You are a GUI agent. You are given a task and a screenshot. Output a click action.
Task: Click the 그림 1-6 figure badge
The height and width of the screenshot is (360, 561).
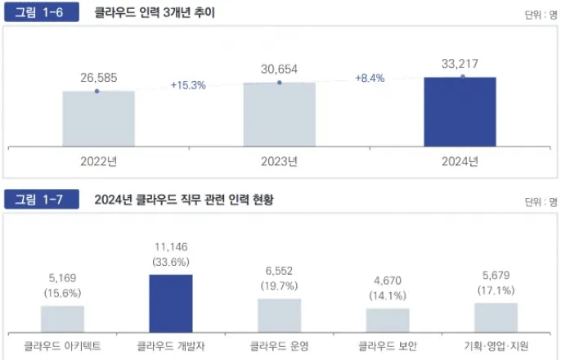[41, 13]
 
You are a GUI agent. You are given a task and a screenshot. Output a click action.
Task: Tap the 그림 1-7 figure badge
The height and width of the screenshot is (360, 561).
[41, 200]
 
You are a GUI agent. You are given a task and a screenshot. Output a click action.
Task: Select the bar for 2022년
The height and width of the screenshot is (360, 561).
[98, 119]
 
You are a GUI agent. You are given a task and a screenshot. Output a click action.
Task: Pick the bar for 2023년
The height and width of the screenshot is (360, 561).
[279, 115]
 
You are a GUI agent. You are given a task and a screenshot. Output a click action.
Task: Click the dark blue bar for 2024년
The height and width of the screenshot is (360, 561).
[460, 112]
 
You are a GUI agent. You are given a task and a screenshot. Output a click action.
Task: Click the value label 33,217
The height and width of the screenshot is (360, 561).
[460, 61]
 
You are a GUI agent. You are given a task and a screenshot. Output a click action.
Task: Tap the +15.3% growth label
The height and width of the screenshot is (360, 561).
[187, 84]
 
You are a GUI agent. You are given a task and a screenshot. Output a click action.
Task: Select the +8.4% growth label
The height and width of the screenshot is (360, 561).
[370, 78]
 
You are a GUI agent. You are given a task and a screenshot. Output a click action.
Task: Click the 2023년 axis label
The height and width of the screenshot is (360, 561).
[279, 161]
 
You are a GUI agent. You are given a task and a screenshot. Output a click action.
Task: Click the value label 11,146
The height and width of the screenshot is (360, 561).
[171, 246]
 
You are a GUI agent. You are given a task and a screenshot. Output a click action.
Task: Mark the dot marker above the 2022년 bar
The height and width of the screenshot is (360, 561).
[97, 91]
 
